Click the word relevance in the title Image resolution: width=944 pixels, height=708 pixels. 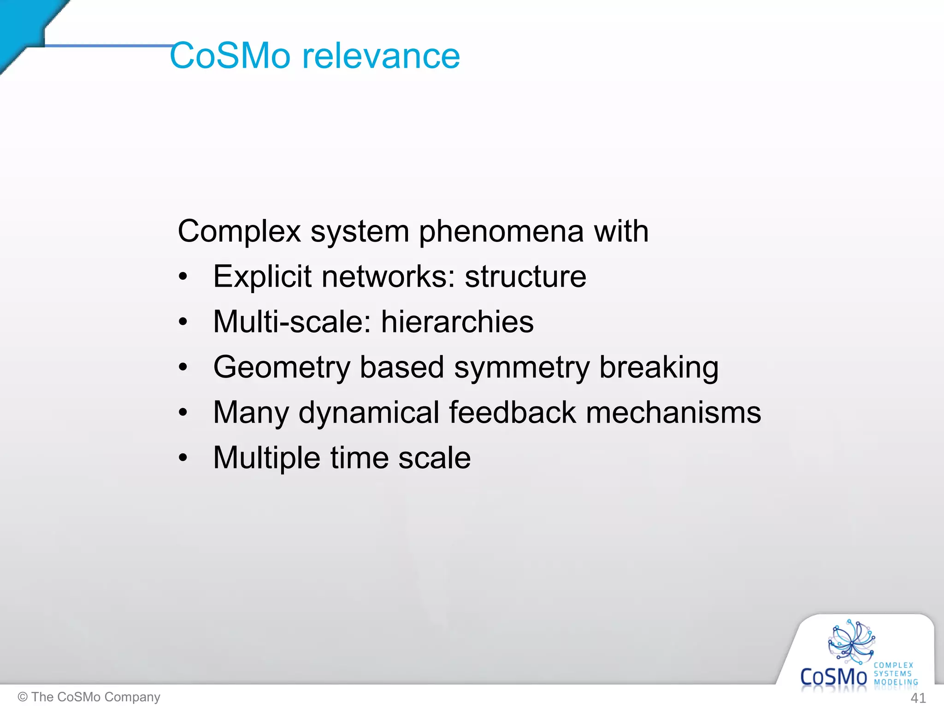point(381,56)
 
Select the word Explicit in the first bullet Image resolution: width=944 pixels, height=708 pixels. point(262,277)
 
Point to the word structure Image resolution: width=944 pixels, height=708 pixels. point(525,277)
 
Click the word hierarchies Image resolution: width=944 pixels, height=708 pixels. point(457,321)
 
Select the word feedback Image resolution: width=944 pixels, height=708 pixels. point(512,412)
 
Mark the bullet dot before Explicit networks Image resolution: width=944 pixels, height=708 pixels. point(183,277)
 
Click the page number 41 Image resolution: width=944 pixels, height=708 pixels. point(918,698)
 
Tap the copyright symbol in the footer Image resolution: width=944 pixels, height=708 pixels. point(22,697)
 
